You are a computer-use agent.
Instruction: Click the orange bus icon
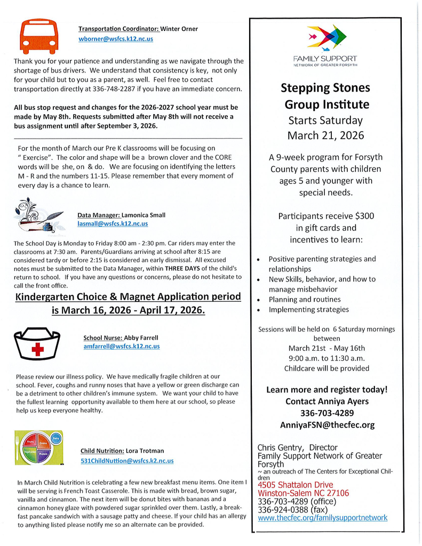pos(39,36)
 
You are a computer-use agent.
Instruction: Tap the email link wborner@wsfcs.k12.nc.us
pos(116,39)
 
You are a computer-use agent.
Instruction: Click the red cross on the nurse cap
pos(37,349)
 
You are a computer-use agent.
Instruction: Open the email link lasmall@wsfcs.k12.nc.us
pos(113,224)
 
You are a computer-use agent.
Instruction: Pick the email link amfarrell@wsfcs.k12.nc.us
pos(122,346)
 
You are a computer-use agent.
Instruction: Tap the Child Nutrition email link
pos(127,460)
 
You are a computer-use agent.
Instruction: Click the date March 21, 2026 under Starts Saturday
pos(325,135)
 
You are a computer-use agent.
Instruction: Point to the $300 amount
pos(364,216)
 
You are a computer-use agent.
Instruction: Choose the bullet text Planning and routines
pos(304,299)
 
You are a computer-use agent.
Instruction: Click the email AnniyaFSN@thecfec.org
pos(327,424)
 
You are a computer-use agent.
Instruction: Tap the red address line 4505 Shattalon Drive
pos(295,485)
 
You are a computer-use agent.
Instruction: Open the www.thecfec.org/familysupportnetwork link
pos(322,517)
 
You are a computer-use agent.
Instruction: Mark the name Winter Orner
pos(179,28)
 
